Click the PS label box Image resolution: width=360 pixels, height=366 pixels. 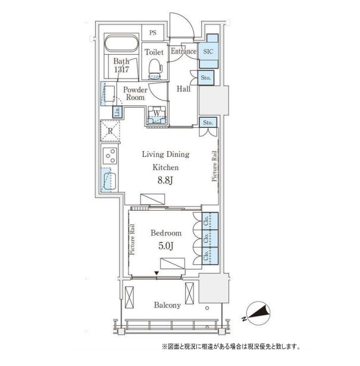coord(153,33)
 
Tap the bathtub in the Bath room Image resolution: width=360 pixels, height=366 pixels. coord(121,43)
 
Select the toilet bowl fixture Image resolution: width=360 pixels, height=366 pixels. coord(155,69)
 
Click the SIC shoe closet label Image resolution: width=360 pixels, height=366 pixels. coord(208,51)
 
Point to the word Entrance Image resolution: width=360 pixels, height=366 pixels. coord(184,51)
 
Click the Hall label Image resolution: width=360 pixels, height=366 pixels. coord(183,89)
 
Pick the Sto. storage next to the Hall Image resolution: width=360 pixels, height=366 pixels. coord(206,78)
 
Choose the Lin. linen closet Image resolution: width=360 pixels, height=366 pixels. coord(118,112)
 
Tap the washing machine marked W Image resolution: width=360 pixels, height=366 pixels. coord(157,115)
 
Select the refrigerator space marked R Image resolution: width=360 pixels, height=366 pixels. coord(110,131)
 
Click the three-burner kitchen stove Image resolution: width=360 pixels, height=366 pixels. coord(110,156)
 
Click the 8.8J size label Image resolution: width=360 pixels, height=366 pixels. coord(165,180)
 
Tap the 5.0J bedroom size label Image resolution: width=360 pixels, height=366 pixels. coord(165,246)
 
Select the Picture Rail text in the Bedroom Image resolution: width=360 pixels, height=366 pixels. coord(132,239)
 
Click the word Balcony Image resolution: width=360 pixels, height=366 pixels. coord(167,305)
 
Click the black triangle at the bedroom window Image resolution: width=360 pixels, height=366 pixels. coord(156,273)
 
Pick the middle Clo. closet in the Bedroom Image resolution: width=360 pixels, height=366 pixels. coord(210,238)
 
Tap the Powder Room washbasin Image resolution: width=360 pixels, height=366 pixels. coord(109,93)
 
